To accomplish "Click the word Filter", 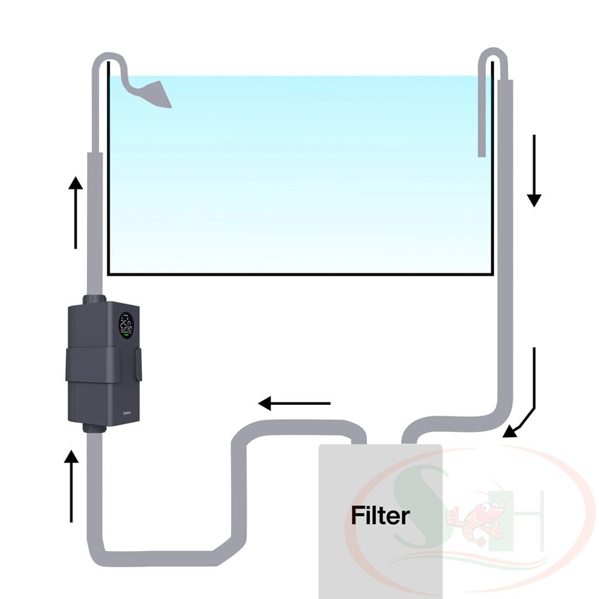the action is [380, 515].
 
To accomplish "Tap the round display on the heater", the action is [126, 326].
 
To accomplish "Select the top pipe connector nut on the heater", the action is [93, 299].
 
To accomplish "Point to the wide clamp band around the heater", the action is [102, 365].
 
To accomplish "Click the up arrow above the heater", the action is [75, 213].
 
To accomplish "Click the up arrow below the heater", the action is [72, 485].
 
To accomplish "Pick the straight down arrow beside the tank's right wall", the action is [534, 171].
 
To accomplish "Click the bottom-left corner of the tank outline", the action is [108, 274].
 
